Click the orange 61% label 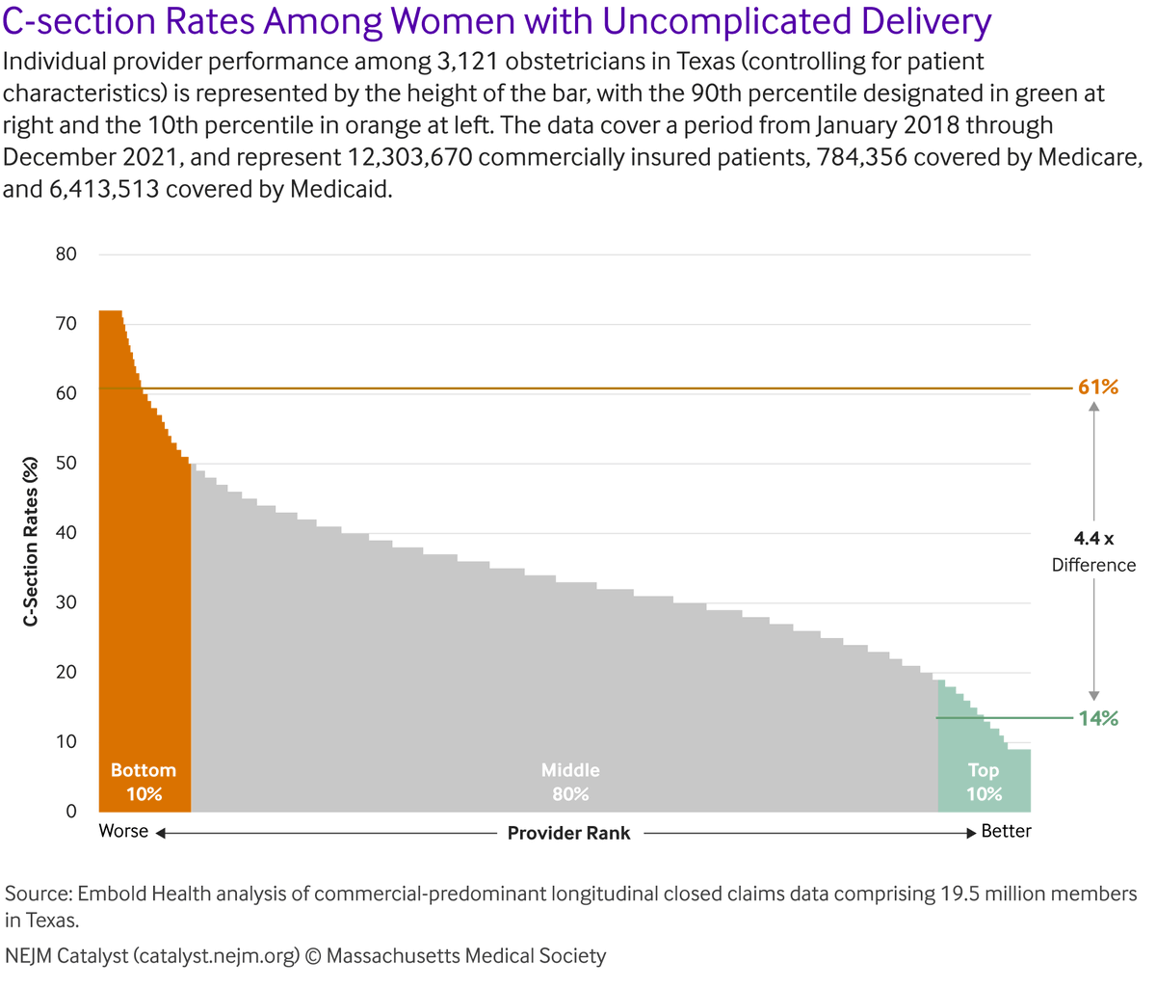click(x=1097, y=387)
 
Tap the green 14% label click(x=1097, y=718)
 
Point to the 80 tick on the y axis click(x=66, y=254)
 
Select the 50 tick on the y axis click(x=66, y=464)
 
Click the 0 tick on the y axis click(x=70, y=812)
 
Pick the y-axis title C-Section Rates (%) click(x=32, y=542)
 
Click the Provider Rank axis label click(x=568, y=833)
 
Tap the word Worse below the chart click(x=123, y=831)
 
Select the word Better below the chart click(x=1006, y=831)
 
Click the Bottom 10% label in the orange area click(x=144, y=782)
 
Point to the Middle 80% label click(x=570, y=782)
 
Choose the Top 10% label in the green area click(x=984, y=782)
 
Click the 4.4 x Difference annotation click(x=1093, y=551)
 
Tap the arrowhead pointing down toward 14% click(x=1094, y=696)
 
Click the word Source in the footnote click(x=38, y=894)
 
